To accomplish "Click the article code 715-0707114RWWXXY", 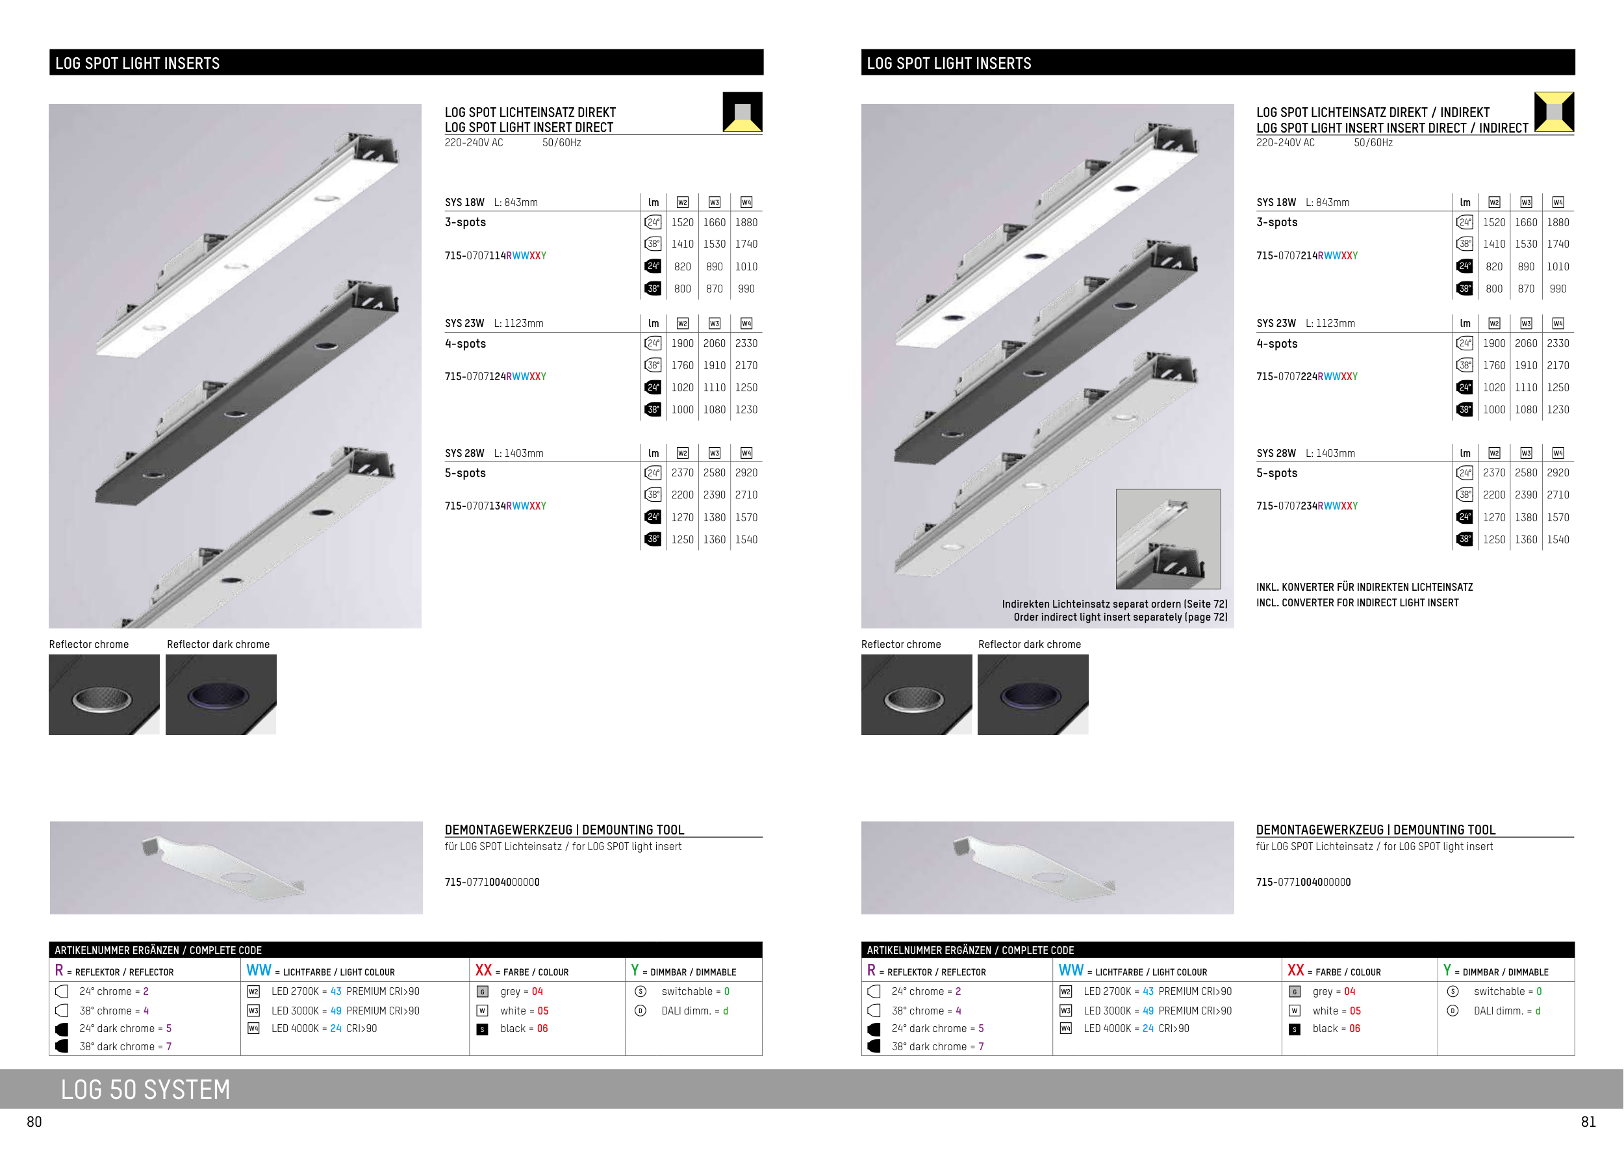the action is tap(495, 255).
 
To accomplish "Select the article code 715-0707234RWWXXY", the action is tap(1307, 506).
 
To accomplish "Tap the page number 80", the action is tap(34, 1122).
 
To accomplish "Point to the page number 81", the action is tap(1589, 1122).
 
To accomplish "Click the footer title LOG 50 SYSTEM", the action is tap(146, 1090).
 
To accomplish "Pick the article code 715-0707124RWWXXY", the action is tap(495, 376).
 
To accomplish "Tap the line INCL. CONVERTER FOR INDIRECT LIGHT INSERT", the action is tap(1358, 603).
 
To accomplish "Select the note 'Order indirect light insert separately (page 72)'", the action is tap(1121, 617).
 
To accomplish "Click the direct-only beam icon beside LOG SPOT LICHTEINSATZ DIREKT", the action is tap(742, 112).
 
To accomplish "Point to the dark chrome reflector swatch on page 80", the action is tap(221, 694).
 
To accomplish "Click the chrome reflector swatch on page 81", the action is tap(916, 694).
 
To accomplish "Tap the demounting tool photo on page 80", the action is tap(236, 868).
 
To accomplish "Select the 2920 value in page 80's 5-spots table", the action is tap(746, 472).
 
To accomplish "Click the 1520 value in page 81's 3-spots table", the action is tap(1494, 222).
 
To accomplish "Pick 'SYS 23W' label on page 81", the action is tap(1276, 324).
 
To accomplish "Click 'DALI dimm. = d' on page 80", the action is tap(694, 1011).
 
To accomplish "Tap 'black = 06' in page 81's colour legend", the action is tap(1336, 1028).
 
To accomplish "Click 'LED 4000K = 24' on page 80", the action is tap(306, 1028).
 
